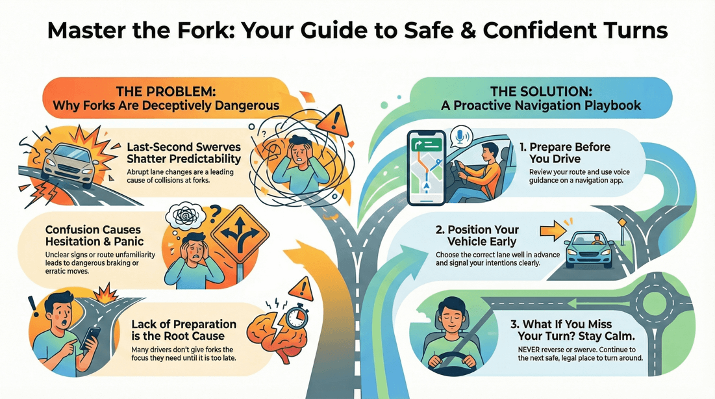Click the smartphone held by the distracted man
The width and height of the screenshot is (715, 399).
point(92,338)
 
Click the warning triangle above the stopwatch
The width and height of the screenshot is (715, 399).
point(300,287)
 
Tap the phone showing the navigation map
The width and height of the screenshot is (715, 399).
point(426,167)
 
